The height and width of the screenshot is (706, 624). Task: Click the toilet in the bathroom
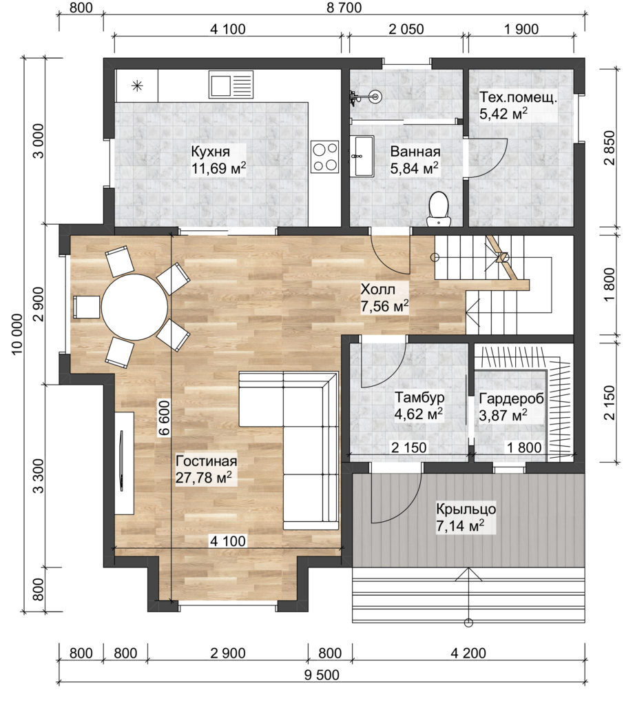[x=439, y=208]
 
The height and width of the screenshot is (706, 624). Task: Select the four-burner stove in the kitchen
[x=324, y=157]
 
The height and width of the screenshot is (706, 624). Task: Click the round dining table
[x=135, y=307]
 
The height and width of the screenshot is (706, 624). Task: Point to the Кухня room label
[x=210, y=151]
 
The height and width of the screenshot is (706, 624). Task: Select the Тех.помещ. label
[x=517, y=97]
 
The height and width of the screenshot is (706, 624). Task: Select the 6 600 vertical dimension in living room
[x=163, y=418]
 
